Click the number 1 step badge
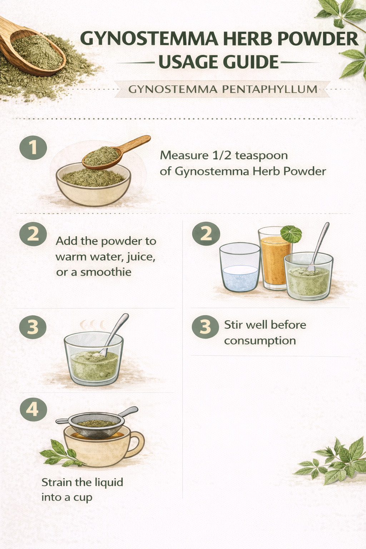33,148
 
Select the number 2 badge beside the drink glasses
206,233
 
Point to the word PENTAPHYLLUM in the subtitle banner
269,89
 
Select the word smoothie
106,272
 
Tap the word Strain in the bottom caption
57,482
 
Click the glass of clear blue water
240,267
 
